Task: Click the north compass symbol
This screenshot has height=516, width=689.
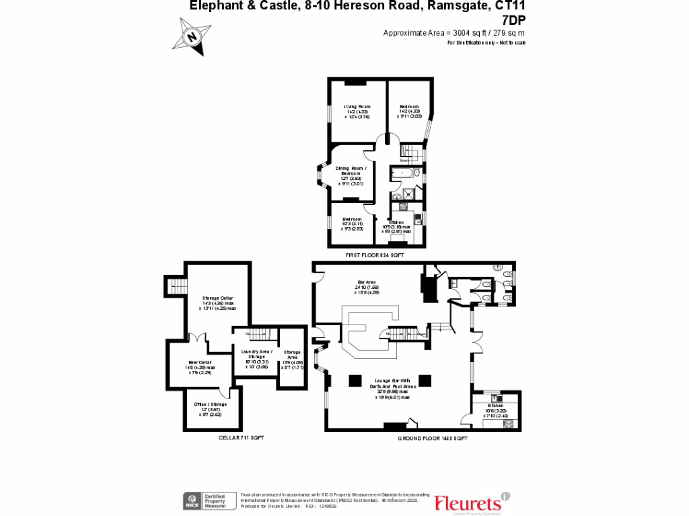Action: click(192, 36)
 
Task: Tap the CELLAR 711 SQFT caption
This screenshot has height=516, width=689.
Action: click(242, 437)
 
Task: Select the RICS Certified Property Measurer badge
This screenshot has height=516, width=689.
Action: click(209, 501)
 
